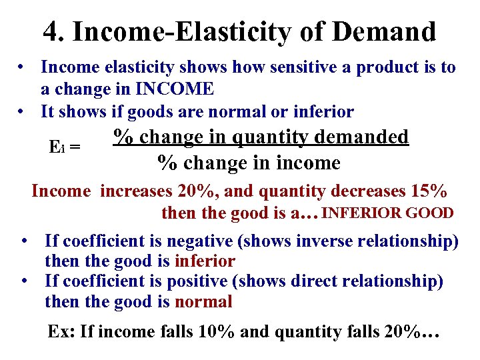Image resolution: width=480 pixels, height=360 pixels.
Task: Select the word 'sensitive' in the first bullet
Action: point(293,67)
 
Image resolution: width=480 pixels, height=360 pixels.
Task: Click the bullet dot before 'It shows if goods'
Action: point(23,111)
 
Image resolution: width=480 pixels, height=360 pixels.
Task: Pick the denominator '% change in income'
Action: point(248,162)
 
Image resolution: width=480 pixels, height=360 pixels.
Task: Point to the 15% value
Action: point(427,191)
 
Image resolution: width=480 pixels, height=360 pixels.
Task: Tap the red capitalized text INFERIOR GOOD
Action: point(388,213)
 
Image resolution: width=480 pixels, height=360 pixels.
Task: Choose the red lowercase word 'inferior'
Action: point(205,261)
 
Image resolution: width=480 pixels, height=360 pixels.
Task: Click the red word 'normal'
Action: point(203,302)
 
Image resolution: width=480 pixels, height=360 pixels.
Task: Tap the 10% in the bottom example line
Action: point(215,331)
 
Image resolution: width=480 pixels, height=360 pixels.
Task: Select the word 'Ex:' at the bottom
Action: point(61,331)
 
